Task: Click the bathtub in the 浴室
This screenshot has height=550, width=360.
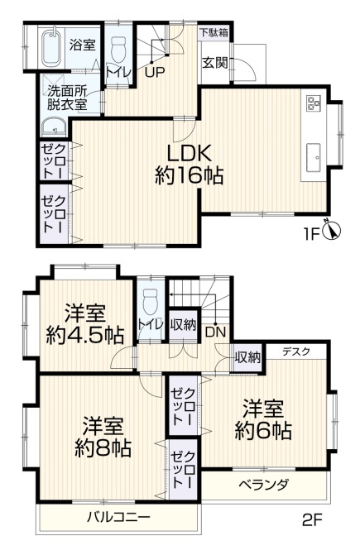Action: (x=52, y=48)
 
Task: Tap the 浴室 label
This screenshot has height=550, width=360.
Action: (x=82, y=45)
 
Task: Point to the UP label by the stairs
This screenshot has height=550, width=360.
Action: (x=155, y=73)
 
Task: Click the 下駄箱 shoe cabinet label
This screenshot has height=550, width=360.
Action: (x=214, y=32)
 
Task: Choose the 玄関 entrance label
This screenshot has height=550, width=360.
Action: (x=214, y=63)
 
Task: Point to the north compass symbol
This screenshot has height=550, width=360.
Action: (x=331, y=231)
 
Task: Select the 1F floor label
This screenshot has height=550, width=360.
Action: (x=310, y=234)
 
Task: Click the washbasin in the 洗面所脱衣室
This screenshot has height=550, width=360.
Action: (x=54, y=127)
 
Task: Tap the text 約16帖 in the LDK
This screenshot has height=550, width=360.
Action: (x=190, y=175)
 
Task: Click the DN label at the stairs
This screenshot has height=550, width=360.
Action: (x=215, y=332)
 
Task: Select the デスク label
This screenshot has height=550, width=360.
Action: (x=296, y=352)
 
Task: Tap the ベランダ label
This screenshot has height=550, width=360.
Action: (x=264, y=485)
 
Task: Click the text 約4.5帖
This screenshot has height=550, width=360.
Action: (x=85, y=336)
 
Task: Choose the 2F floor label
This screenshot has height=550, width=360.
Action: (x=312, y=520)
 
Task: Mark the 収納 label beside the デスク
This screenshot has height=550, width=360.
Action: (x=247, y=357)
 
